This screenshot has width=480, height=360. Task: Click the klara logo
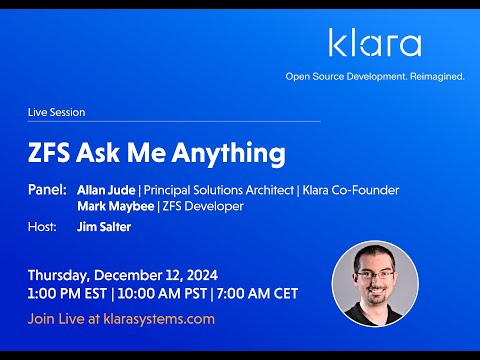[375, 43]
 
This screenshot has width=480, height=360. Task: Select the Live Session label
[56, 113]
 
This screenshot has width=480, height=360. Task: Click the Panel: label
[48, 189]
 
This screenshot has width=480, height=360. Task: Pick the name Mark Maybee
[111, 206]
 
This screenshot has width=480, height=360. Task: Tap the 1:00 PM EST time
[68, 293]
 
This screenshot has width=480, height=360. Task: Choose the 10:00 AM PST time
[162, 293]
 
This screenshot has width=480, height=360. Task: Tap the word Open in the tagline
[298, 76]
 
